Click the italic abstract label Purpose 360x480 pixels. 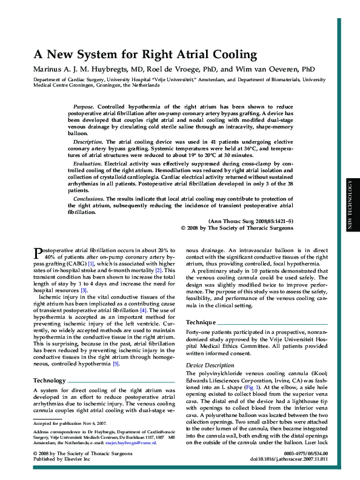[83, 106]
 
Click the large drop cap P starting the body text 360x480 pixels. [36, 252]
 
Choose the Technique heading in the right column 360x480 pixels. [201, 322]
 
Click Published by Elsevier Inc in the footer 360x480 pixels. [61, 459]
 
